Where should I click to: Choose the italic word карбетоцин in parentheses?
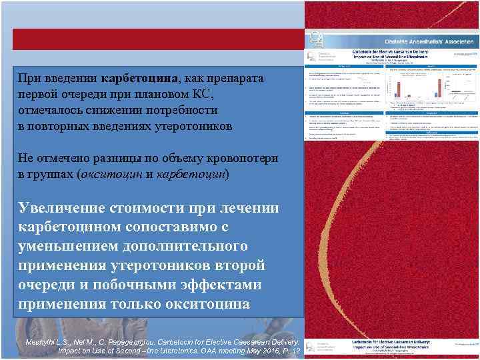tap(193, 173)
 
